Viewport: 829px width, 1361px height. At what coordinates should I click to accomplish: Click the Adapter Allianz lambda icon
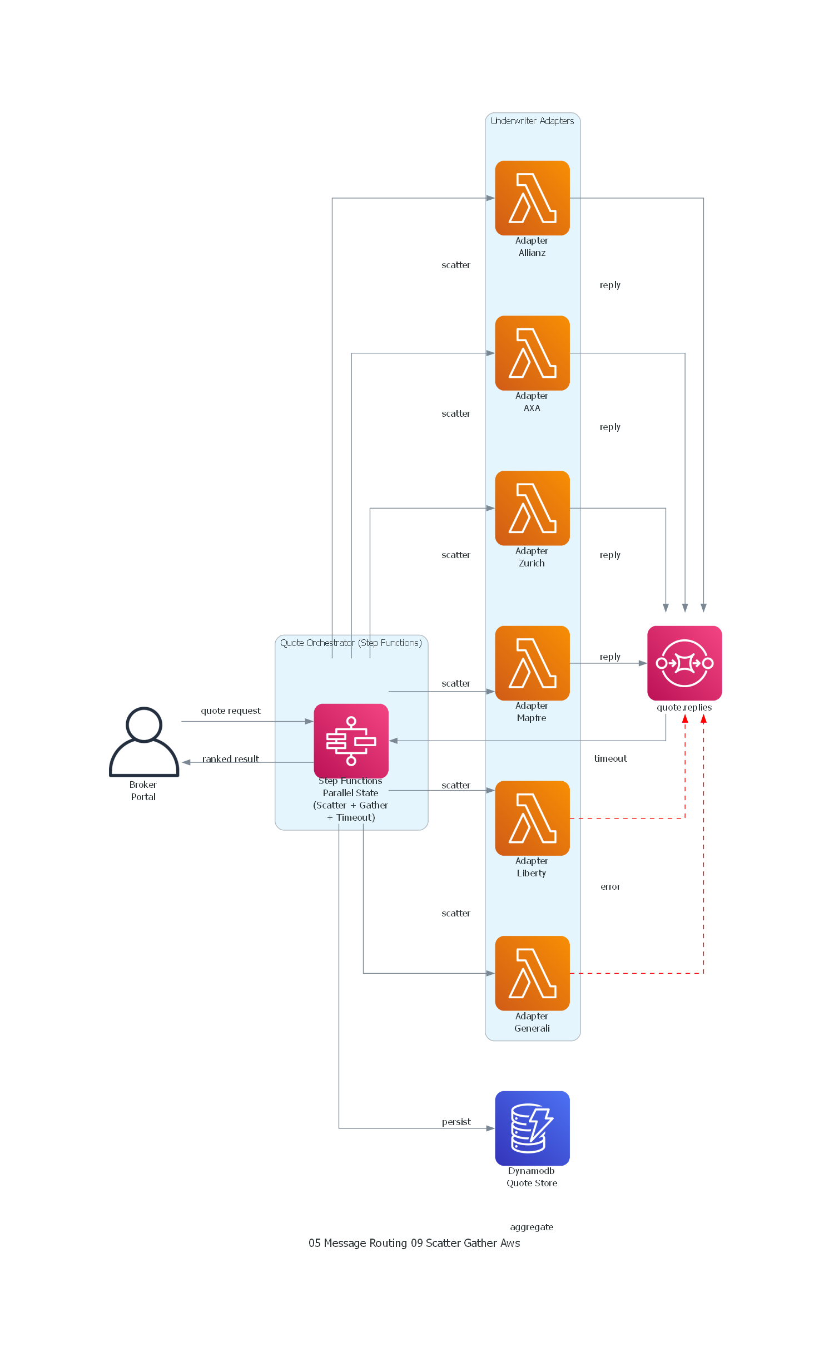(532, 198)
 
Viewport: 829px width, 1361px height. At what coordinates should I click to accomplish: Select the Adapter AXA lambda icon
(532, 353)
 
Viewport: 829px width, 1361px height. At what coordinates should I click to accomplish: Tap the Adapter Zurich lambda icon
(532, 507)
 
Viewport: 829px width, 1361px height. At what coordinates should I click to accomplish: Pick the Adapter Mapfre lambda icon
(532, 663)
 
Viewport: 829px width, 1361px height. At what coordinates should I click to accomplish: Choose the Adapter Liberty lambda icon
(532, 818)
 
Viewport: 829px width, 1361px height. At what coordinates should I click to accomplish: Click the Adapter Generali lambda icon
(532, 973)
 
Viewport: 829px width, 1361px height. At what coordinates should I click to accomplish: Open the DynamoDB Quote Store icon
(532, 1128)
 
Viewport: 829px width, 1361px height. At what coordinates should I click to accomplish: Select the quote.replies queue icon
(684, 663)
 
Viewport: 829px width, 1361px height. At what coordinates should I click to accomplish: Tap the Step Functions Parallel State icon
(351, 741)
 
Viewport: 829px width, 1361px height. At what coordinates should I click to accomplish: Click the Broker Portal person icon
(143, 741)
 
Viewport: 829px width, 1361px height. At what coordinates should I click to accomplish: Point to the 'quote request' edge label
(230, 711)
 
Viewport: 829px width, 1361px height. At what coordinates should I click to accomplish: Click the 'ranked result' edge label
(230, 759)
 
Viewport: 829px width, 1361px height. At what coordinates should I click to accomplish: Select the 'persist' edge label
(456, 1122)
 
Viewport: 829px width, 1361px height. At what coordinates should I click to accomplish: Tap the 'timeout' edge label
(610, 758)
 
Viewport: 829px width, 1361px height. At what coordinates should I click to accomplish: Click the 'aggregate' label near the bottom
(531, 1227)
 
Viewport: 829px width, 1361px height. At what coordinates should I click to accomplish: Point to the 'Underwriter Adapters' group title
(532, 121)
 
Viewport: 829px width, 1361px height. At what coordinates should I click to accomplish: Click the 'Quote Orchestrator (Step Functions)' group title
(351, 643)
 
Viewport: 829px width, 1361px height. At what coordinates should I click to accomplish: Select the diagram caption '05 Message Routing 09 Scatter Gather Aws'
(414, 1243)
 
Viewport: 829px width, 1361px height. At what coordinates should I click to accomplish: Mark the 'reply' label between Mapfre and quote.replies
(609, 657)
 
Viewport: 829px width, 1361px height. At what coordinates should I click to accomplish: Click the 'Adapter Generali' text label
(532, 1022)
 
